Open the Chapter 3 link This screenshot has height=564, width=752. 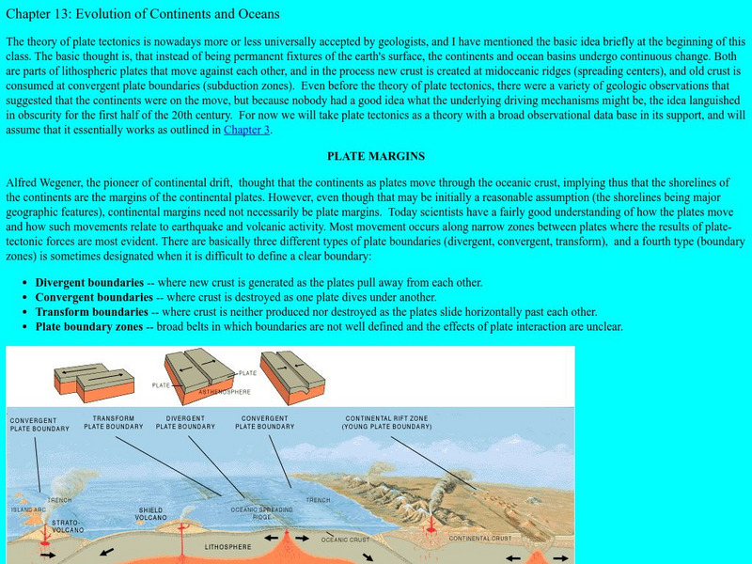246,130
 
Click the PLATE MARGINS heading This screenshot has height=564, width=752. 375,156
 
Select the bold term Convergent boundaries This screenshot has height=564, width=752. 92,297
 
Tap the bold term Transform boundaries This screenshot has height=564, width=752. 91,312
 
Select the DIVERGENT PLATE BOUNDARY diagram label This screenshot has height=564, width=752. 185,421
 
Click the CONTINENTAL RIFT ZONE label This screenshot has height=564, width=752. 388,422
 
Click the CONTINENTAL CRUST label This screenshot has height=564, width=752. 479,539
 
